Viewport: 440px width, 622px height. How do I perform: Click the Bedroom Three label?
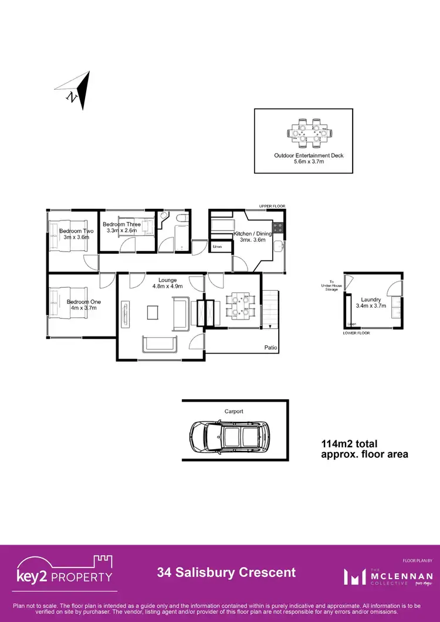[x=121, y=227]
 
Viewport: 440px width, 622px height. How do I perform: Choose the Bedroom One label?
[x=83, y=305]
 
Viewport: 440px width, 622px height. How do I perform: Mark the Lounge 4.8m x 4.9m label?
[x=168, y=283]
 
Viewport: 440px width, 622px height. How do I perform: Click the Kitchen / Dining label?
[x=253, y=237]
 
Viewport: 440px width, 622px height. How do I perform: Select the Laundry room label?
[x=371, y=302]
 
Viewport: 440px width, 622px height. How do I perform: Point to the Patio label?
[x=270, y=348]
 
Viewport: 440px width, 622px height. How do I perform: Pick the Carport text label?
[x=233, y=412]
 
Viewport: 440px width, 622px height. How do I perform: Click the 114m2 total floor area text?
[x=364, y=449]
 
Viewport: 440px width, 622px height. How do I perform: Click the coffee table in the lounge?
[x=153, y=312]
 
